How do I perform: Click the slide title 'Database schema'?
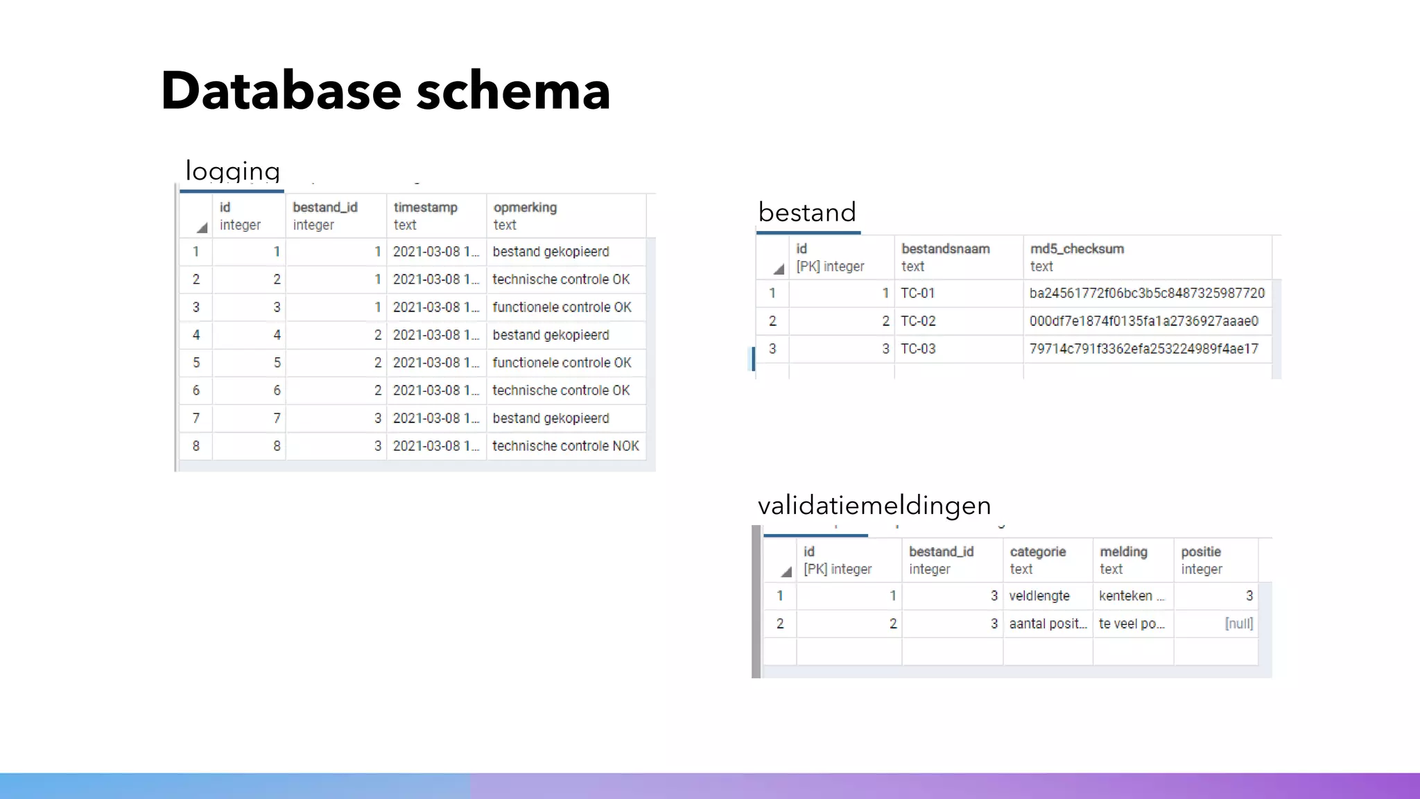386,91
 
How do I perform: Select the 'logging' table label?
232,171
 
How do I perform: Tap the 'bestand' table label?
807,212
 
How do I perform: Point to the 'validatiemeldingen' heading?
874,506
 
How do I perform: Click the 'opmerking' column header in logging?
525,207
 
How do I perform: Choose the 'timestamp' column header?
425,207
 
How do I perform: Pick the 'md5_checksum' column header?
1076,249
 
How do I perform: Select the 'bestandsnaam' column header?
945,249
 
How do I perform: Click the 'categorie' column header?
1037,552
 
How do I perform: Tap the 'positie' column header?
1201,552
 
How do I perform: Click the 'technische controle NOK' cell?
566,446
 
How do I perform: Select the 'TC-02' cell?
918,321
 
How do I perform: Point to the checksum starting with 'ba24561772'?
1147,293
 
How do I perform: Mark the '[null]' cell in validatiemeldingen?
1238,624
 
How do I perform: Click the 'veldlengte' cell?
1039,596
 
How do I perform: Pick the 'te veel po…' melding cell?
1132,624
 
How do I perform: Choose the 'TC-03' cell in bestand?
918,349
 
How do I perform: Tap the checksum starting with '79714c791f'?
1143,349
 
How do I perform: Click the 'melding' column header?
1123,552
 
